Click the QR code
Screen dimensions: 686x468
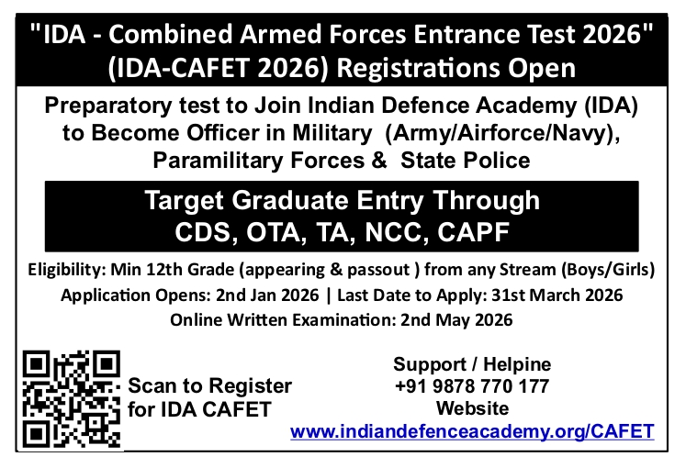(x=72, y=399)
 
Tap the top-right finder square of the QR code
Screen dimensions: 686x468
(x=107, y=364)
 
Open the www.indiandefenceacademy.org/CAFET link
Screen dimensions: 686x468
(x=472, y=431)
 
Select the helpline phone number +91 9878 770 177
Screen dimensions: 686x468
(x=472, y=386)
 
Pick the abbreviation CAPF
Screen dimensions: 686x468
(x=473, y=232)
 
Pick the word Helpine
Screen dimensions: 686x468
(x=517, y=364)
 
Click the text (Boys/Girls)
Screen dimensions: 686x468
(x=608, y=270)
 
